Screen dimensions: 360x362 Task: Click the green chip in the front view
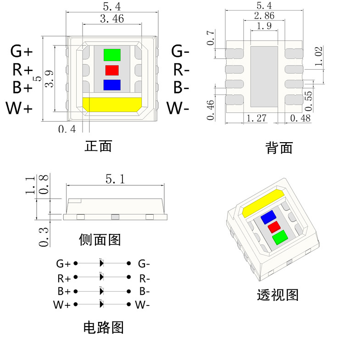(112, 55)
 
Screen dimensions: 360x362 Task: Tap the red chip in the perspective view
(274, 227)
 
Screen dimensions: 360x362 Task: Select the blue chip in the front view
(112, 85)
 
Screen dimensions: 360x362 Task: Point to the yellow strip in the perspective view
(262, 202)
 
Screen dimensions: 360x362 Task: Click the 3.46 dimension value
(111, 19)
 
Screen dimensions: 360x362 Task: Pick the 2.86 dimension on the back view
(264, 17)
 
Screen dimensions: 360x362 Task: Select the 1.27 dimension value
(257, 118)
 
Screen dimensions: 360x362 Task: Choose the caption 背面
(279, 148)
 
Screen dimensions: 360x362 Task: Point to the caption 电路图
(103, 327)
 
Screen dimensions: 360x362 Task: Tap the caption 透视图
(278, 295)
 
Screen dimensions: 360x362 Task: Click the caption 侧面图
(100, 239)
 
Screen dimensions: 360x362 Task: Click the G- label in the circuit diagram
(144, 264)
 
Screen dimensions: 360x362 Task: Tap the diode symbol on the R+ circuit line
(101, 277)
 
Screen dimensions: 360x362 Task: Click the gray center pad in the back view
(264, 76)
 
